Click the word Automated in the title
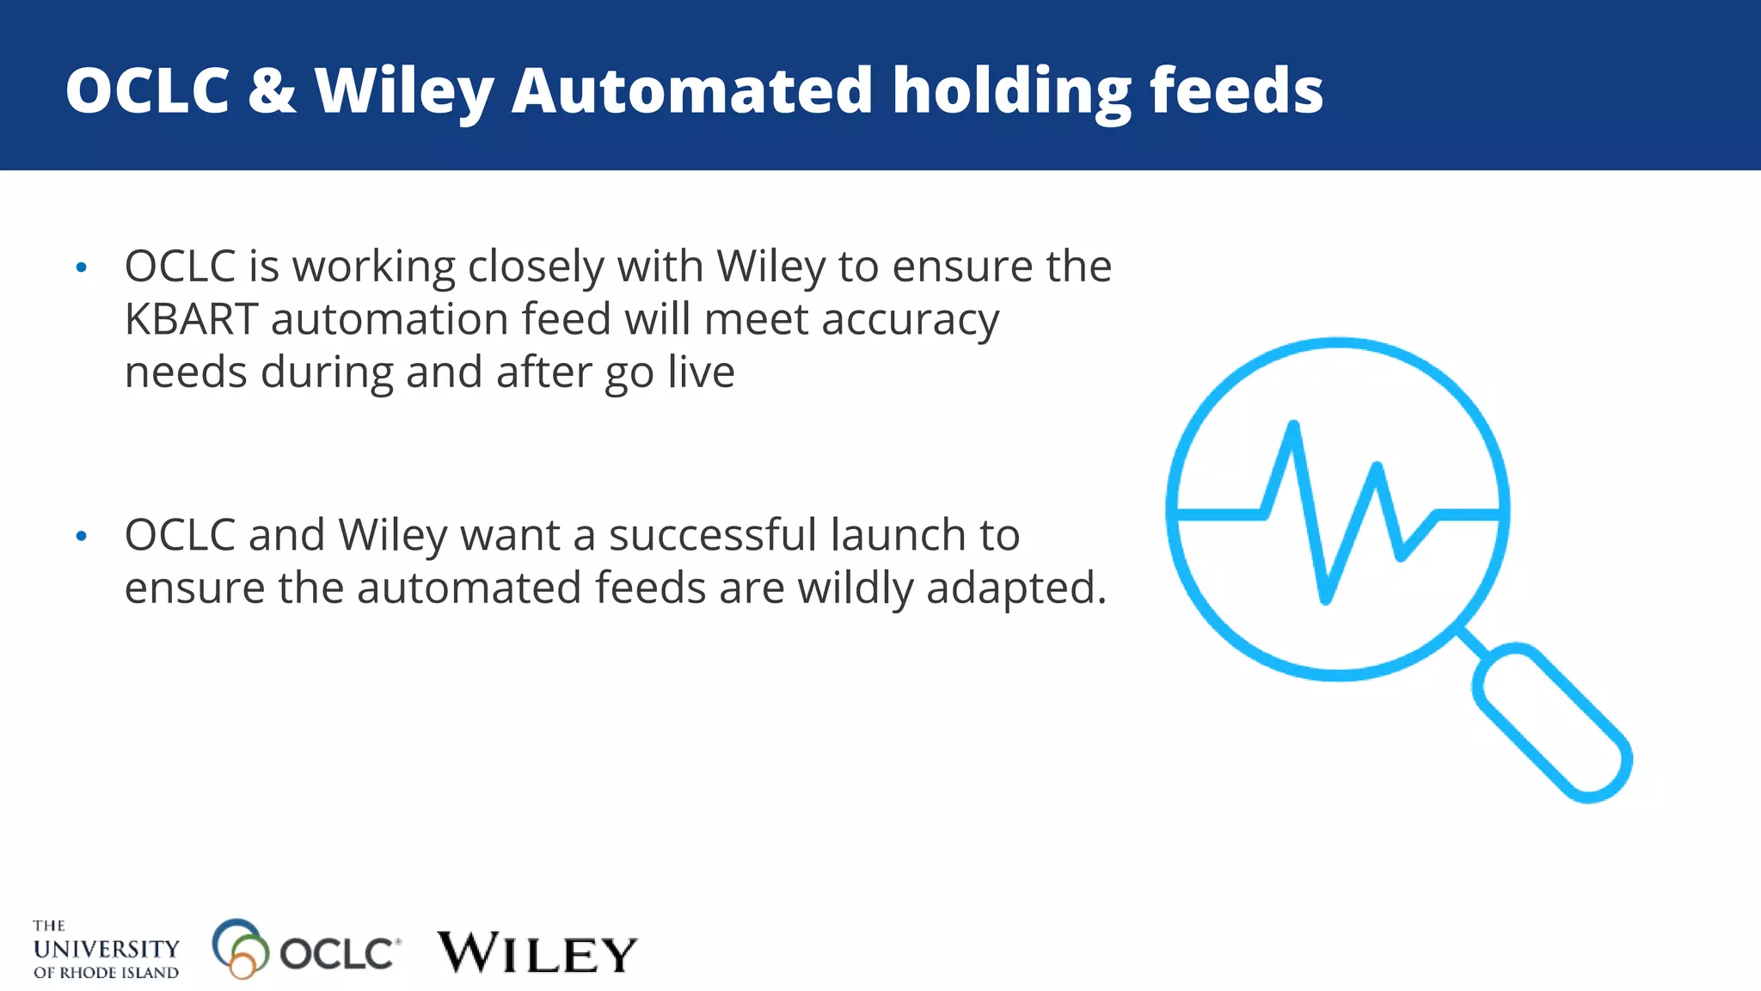[x=692, y=90]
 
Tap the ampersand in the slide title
[x=272, y=90]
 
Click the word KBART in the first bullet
[x=191, y=319]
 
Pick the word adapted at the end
[x=1015, y=590]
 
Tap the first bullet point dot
[x=82, y=268]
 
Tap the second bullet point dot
[x=82, y=537]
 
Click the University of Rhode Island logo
[x=106, y=950]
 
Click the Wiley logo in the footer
[x=537, y=953]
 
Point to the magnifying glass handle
[x=1552, y=723]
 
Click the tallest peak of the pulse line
[x=1293, y=425]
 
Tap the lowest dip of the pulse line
[x=1325, y=599]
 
